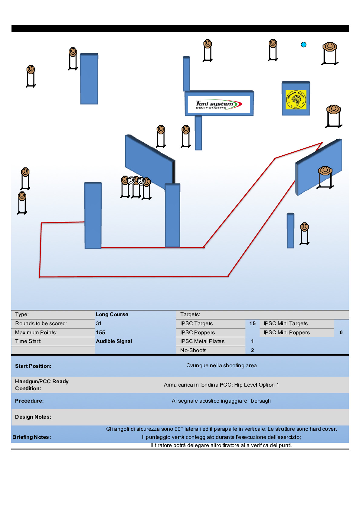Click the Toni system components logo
coord(219,105)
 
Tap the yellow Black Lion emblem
coord(296,99)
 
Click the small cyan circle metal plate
coord(304,45)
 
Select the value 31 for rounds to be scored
coord(99,323)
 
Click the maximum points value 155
coord(100,332)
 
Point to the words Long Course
coord(112,314)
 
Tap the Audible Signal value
coord(114,341)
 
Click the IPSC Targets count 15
coord(253,323)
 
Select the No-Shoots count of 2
coord(252,350)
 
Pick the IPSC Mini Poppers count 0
coord(341,332)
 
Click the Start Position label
coord(33,366)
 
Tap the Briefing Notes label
coord(32,437)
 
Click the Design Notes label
coord(33,417)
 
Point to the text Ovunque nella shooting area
coord(221,365)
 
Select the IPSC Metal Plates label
coord(202,341)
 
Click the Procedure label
coord(29,401)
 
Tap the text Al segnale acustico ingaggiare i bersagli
coord(221,401)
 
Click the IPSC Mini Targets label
coord(286,323)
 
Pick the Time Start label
coord(28,341)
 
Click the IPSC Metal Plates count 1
coord(252,341)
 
